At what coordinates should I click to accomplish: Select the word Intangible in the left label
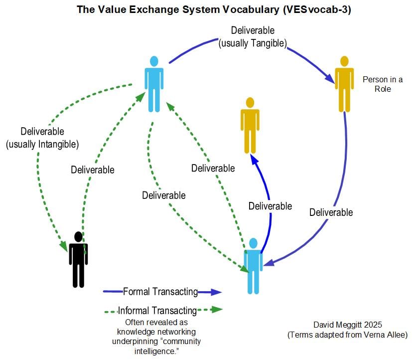point(59,145)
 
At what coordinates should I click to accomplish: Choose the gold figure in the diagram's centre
point(250,125)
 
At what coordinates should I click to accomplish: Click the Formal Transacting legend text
point(160,292)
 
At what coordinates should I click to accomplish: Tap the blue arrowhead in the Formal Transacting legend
point(216,292)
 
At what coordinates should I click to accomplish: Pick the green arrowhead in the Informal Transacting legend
point(216,310)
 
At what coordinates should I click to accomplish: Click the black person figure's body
point(78,262)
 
